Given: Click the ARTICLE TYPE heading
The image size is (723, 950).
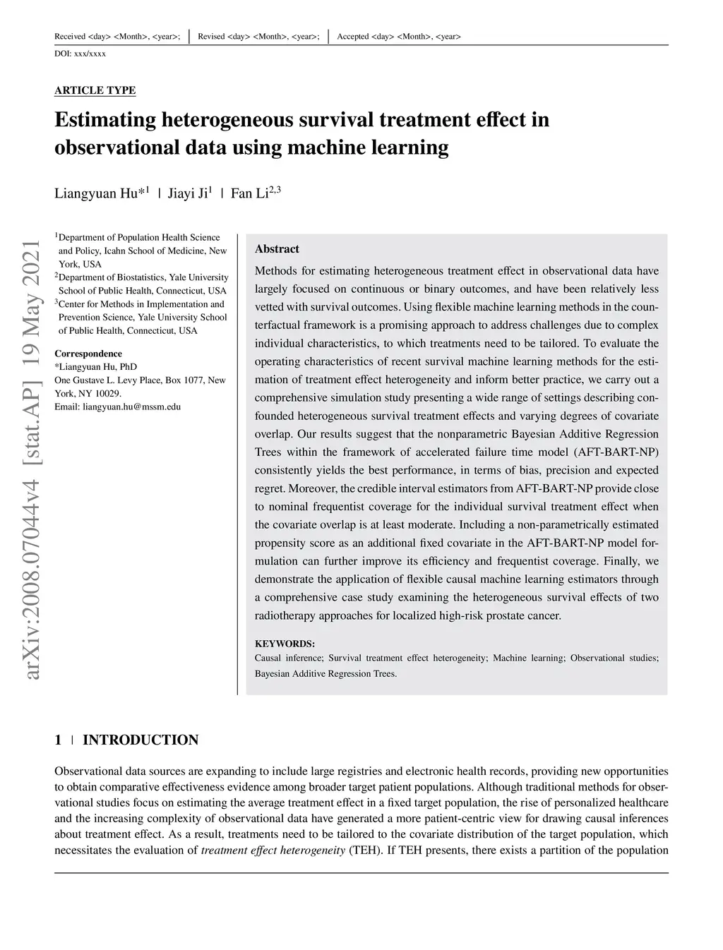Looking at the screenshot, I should [x=95, y=90].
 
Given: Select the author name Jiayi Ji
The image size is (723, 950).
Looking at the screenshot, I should [x=187, y=193].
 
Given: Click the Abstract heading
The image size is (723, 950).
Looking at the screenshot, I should [x=277, y=249].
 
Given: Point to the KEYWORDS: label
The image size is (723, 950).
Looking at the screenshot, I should [x=285, y=644].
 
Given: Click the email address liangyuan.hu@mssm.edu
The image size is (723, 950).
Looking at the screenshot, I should [x=131, y=407].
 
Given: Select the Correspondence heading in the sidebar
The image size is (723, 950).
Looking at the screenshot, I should [x=88, y=354].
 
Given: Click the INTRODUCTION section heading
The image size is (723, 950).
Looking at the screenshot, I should [x=141, y=740].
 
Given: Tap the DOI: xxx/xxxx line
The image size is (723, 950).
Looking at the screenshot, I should [x=80, y=54].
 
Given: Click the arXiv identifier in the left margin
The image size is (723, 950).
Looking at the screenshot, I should [x=32, y=459].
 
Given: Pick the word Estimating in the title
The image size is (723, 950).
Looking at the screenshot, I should [x=105, y=119].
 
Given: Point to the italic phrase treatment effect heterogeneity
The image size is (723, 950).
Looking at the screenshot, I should [x=273, y=850].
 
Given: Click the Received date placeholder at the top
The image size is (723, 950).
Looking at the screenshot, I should [x=116, y=37].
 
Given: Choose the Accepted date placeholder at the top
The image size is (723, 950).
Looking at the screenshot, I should [x=398, y=37].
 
